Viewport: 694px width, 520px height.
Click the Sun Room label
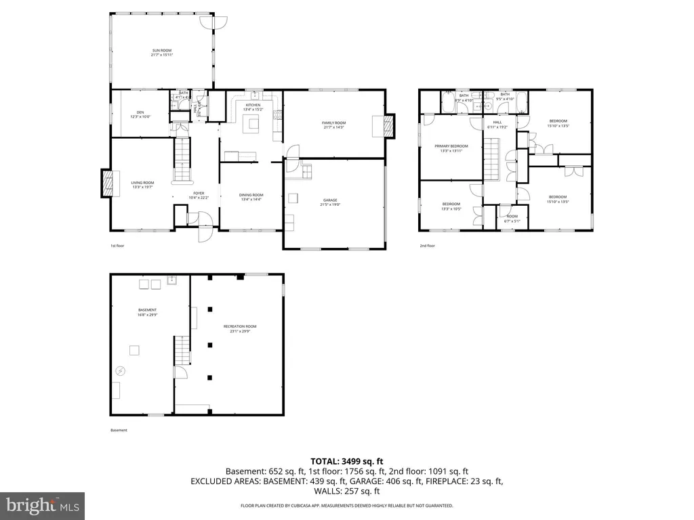(162, 52)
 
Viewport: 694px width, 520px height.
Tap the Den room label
(140, 114)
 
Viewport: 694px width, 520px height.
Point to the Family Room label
(333, 125)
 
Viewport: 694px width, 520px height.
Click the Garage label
(331, 202)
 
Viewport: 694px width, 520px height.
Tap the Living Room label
(142, 184)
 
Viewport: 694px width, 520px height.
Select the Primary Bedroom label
(451, 148)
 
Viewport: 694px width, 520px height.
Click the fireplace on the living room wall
(107, 182)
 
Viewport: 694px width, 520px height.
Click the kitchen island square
(252, 123)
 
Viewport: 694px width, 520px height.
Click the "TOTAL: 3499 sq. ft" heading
(346, 461)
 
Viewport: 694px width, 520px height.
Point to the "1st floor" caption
(118, 246)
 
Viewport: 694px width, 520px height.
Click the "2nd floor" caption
(427, 246)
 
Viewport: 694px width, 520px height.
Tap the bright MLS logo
(42, 504)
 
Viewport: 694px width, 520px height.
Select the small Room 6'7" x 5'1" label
(512, 219)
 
